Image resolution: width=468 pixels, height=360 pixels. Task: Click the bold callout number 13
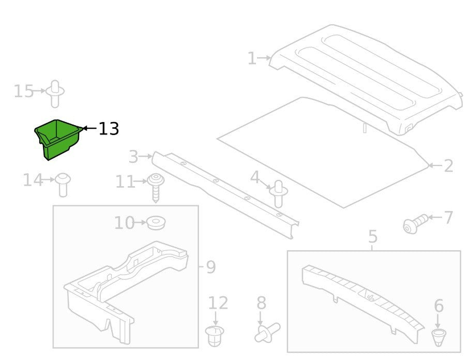point(109,129)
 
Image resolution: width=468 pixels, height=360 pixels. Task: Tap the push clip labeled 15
point(55,94)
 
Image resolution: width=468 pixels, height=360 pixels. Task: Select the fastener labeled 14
point(63,184)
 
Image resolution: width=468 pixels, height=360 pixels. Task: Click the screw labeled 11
point(156,187)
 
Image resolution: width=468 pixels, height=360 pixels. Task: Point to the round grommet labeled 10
point(156,223)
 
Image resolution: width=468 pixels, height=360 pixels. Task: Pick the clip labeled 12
point(215,336)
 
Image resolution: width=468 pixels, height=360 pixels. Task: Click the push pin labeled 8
point(267,332)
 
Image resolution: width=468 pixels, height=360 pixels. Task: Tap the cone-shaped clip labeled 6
point(438,337)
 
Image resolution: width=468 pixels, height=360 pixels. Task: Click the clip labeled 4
point(278,194)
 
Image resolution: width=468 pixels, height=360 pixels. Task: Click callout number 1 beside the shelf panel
point(252,58)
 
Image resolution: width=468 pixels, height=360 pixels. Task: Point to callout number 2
point(448,166)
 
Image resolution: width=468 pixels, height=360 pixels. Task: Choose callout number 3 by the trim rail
point(133,156)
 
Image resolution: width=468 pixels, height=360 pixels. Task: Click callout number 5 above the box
point(373,236)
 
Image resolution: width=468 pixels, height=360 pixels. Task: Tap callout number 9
point(210,267)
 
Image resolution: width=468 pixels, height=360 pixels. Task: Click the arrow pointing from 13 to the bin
point(89,128)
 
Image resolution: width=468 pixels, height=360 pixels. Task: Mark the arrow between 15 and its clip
point(39,91)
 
